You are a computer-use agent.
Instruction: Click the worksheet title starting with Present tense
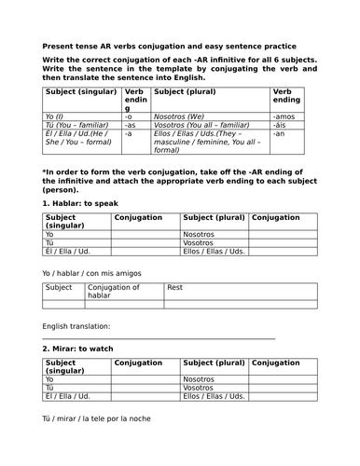click(x=169, y=46)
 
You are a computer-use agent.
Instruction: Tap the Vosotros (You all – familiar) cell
click(x=201, y=127)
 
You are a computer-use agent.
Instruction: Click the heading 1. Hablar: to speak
click(x=83, y=203)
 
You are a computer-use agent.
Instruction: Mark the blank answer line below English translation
click(x=159, y=338)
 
